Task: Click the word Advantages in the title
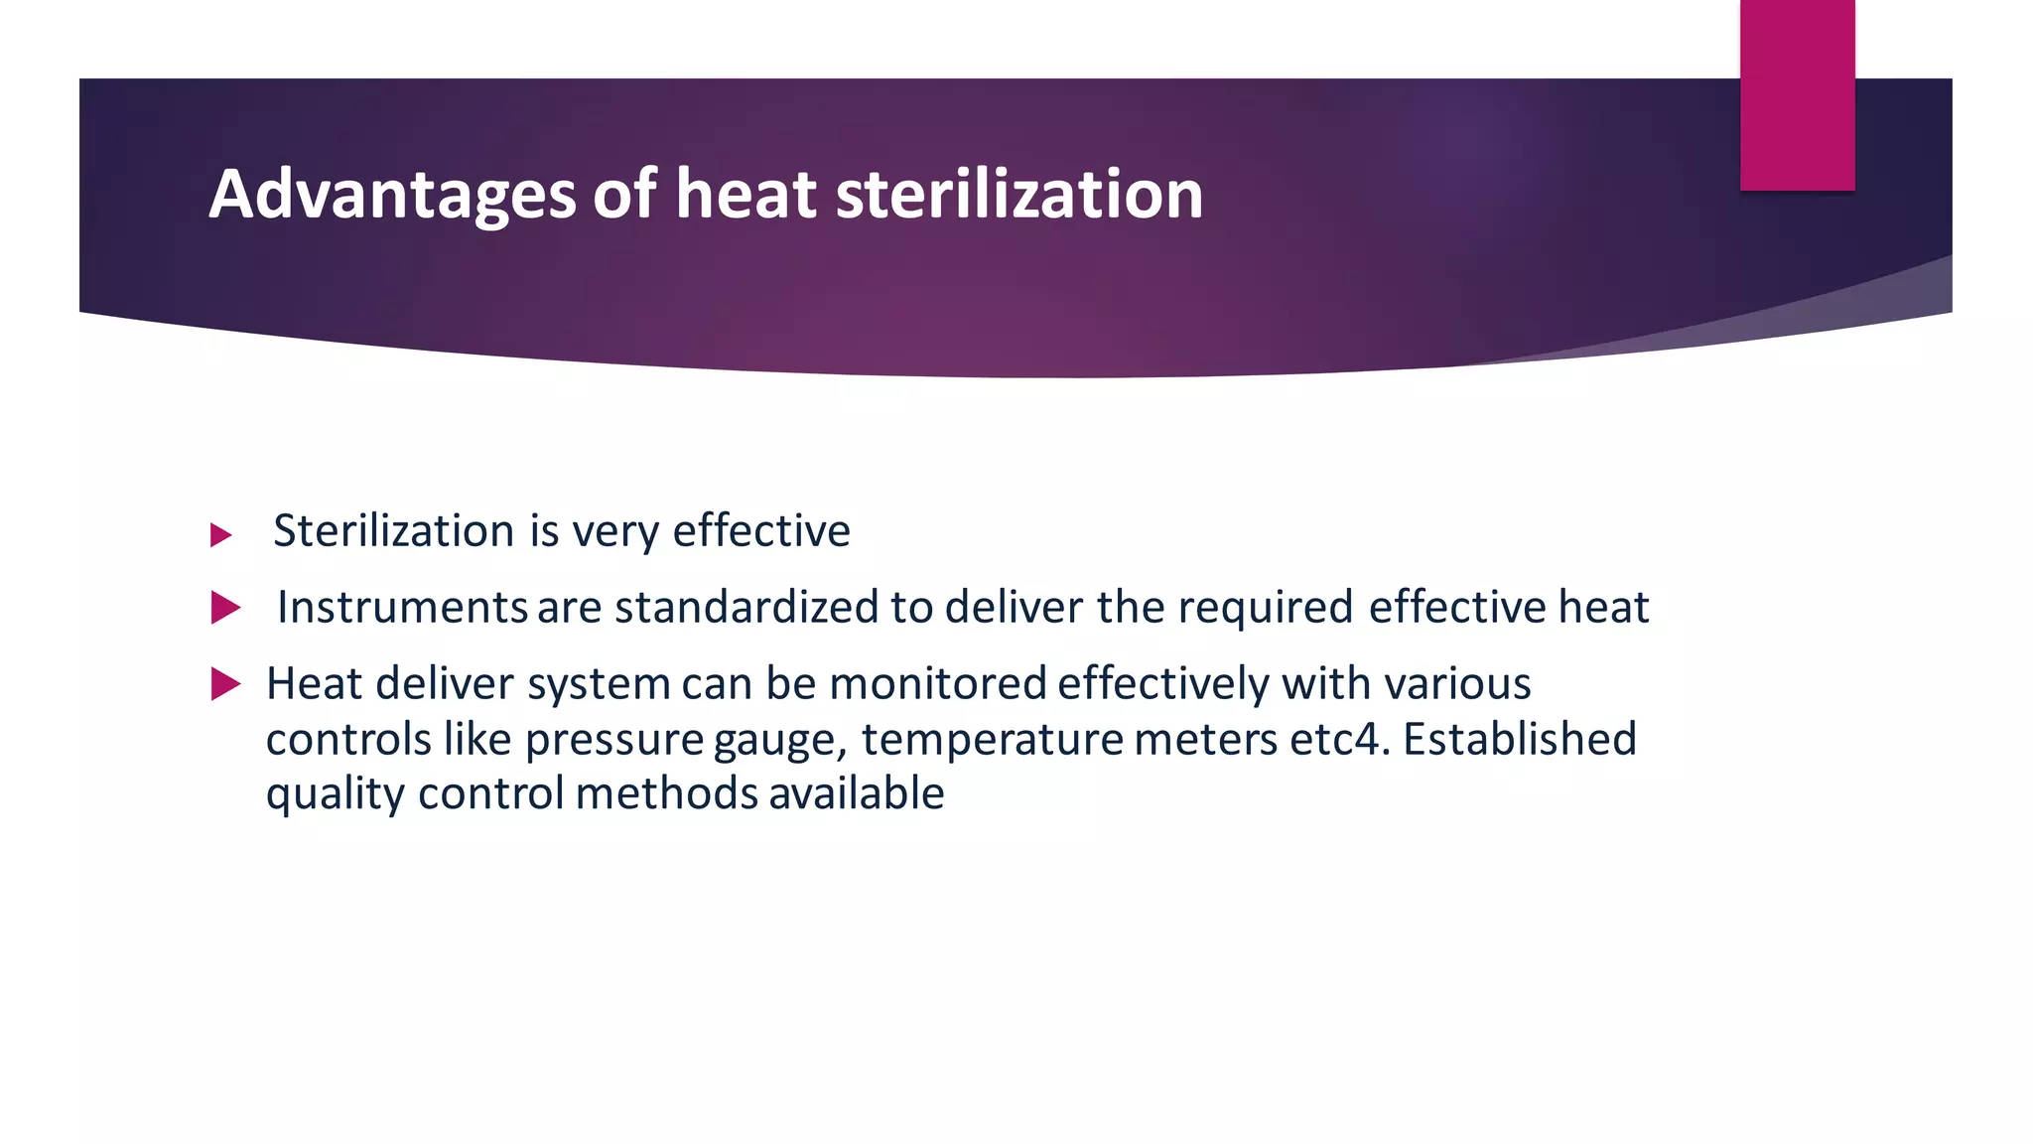(392, 194)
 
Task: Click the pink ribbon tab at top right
(1797, 94)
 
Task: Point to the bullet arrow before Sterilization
(221, 536)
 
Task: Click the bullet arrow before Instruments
(225, 608)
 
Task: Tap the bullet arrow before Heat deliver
(225, 684)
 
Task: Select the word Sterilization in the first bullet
(393, 530)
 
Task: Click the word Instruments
(401, 607)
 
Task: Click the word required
(1266, 607)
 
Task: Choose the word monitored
(938, 683)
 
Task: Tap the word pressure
(614, 739)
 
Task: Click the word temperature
(992, 739)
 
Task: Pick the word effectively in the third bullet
(1162, 683)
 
